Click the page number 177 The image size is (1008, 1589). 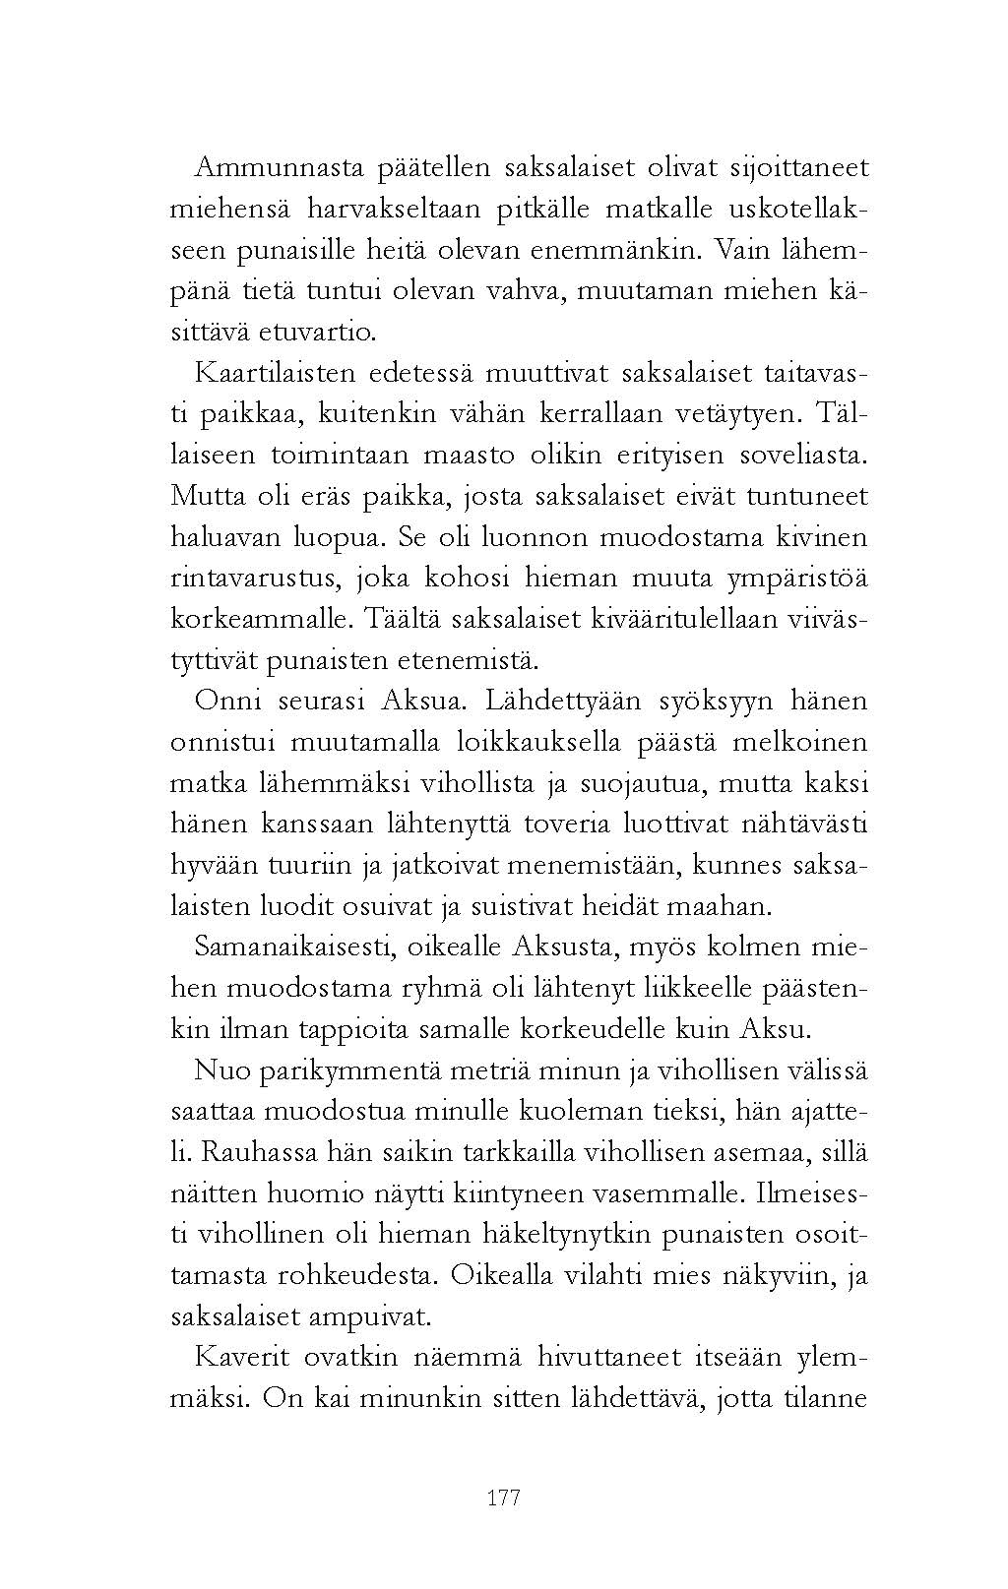pyautogui.click(x=503, y=1498)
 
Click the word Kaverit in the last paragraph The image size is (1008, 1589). pyautogui.click(x=242, y=1357)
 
